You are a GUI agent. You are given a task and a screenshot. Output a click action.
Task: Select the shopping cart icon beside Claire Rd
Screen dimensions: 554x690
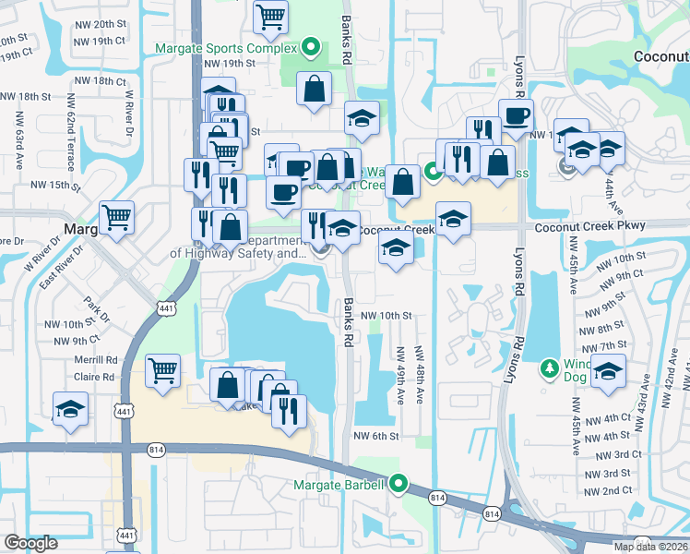tap(162, 371)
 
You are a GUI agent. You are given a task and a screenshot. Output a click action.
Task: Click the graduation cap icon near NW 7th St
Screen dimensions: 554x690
tap(609, 371)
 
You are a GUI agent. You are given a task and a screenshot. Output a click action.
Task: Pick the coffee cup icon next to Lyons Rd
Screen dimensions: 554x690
tap(516, 116)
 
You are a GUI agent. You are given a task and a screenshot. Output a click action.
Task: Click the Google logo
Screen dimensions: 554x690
tap(30, 543)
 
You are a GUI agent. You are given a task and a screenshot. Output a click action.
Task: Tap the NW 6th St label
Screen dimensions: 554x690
tap(377, 436)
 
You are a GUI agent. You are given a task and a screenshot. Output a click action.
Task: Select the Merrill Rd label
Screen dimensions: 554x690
tap(98, 359)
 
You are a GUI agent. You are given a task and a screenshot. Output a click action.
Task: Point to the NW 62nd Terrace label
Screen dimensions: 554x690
tap(71, 136)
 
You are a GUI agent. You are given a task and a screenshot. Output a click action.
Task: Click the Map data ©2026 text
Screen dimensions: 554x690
tap(649, 547)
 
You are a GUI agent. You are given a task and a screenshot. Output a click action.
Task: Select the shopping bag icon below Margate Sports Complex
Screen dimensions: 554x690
tap(314, 90)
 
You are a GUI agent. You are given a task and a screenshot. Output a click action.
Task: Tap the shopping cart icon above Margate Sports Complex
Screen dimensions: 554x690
tap(270, 17)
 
